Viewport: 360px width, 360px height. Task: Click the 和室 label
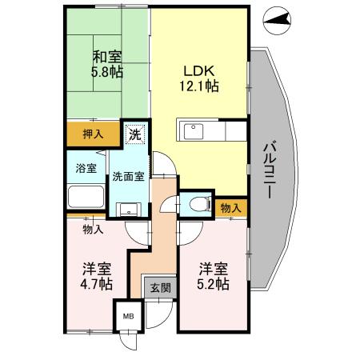tap(106, 58)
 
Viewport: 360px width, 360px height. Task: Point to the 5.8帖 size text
tap(106, 73)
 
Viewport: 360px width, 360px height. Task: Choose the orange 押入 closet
tap(93, 134)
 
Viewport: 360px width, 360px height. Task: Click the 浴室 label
tap(86, 169)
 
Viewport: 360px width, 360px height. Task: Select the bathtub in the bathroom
tap(85, 198)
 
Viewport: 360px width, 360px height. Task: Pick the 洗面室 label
tap(128, 177)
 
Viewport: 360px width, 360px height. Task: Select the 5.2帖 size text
tap(214, 284)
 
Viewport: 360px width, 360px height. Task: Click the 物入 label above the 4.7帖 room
tap(93, 230)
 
